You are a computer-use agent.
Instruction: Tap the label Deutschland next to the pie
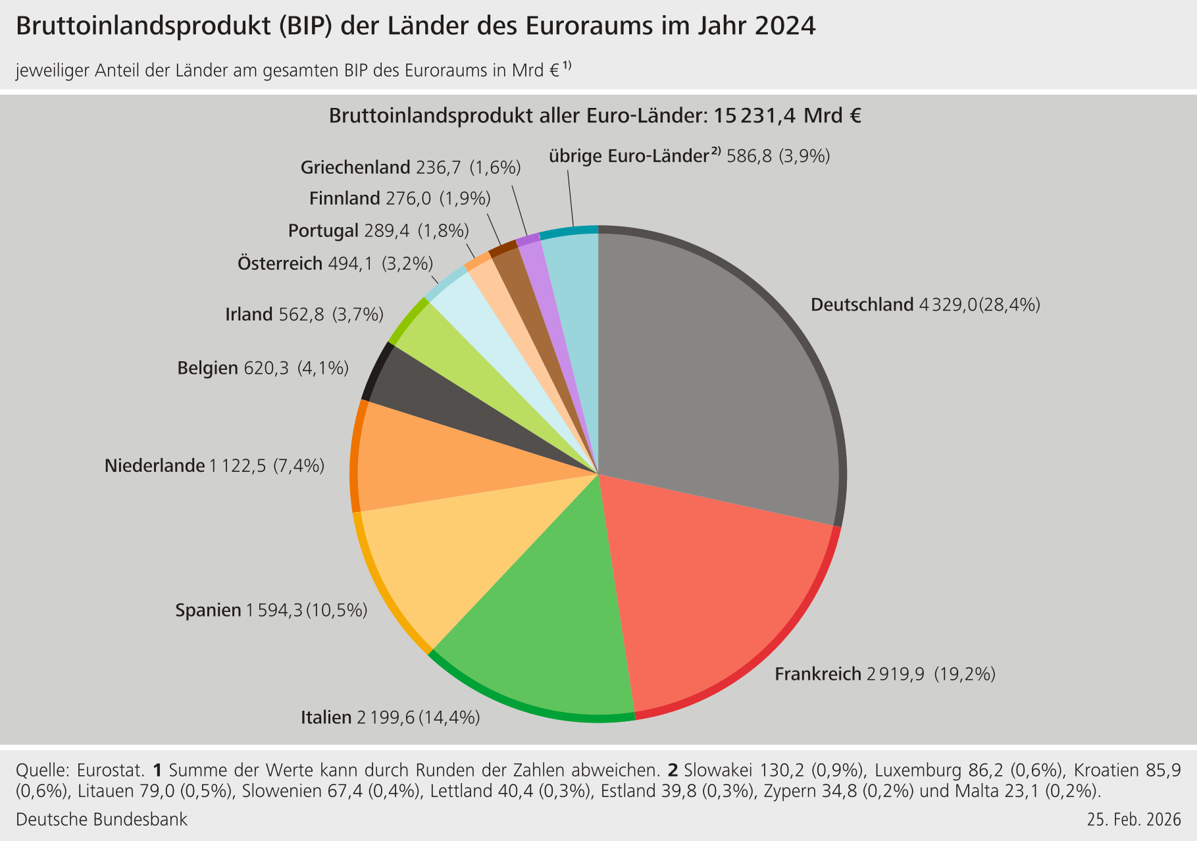(x=862, y=305)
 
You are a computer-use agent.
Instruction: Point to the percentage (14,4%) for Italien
(x=449, y=717)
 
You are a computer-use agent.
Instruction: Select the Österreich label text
(x=280, y=264)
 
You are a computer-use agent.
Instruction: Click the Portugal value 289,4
(x=386, y=231)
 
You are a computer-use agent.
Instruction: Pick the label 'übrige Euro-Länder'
(x=628, y=157)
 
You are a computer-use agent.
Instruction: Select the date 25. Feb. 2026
(x=1134, y=820)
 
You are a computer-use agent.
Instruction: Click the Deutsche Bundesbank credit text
(x=101, y=820)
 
